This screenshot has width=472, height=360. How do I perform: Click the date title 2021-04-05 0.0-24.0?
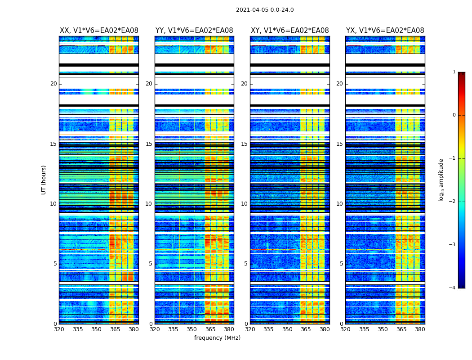tap(265, 10)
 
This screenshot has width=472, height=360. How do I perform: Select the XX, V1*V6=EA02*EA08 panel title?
tap(99, 31)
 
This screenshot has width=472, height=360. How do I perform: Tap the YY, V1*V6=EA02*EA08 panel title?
tap(194, 31)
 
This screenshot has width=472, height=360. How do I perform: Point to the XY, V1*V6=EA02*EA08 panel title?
tap(289, 31)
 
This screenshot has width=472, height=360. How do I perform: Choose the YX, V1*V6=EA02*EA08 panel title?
tap(385, 31)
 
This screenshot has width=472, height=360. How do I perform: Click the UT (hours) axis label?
tap(44, 180)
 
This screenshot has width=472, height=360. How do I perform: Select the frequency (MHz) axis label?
tap(217, 338)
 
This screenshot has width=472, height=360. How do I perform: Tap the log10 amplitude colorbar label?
tap(441, 180)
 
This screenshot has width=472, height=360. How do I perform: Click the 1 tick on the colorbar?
tap(454, 72)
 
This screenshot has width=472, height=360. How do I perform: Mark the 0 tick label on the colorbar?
tap(454, 115)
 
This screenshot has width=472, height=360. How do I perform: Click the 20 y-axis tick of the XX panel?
tap(53, 84)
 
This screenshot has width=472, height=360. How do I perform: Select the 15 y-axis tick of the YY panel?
tap(149, 144)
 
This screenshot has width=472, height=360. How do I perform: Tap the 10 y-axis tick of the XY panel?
tap(244, 204)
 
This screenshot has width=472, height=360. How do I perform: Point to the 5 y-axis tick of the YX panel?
tap(341, 264)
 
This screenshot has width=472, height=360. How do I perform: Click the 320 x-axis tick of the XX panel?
tap(59, 329)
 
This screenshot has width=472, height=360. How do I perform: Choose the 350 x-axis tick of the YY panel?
tap(192, 329)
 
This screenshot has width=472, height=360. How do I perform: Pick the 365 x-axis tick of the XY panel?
tap(306, 329)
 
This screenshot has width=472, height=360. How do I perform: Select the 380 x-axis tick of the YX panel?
tap(420, 329)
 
